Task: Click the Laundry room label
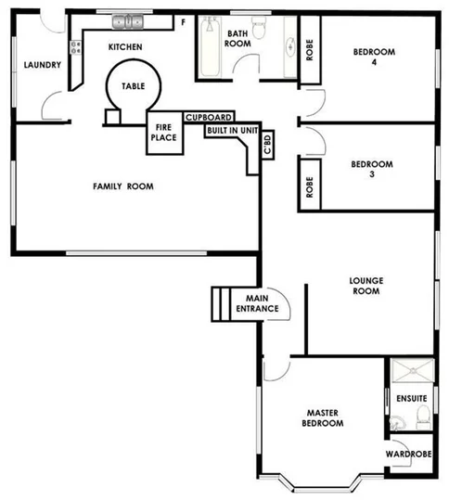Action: [43, 65]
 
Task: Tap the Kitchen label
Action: [124, 46]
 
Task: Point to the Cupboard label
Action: [208, 118]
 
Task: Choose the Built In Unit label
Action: [232, 132]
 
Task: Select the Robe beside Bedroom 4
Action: [309, 51]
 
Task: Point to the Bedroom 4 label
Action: [371, 58]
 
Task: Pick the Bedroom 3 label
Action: [371, 171]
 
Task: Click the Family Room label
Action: [122, 186]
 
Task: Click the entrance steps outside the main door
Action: [220, 302]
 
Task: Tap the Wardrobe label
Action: [408, 455]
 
